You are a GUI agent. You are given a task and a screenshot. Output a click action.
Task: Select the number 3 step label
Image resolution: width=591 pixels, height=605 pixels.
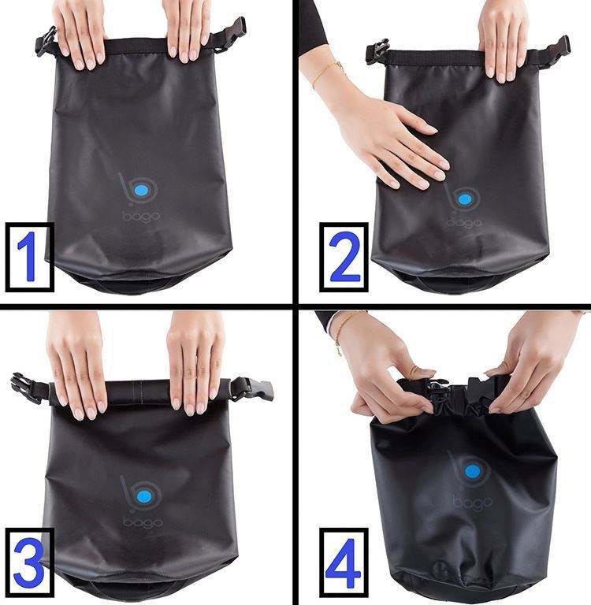(30, 562)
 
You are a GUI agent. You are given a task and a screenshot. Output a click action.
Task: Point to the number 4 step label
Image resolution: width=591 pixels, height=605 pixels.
(344, 562)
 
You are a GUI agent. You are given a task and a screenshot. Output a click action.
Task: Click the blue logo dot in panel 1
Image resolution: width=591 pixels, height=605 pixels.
(142, 190)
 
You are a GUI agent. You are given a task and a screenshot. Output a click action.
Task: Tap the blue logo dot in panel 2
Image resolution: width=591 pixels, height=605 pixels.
(464, 199)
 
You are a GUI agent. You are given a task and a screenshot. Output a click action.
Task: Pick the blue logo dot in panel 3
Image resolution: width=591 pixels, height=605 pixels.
(143, 496)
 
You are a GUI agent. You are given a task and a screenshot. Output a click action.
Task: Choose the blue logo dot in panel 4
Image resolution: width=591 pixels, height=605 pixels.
(472, 472)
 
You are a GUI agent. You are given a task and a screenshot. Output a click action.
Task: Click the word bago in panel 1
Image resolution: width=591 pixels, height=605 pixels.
(141, 217)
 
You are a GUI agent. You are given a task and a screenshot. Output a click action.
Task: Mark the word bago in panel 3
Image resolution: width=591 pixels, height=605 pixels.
(143, 523)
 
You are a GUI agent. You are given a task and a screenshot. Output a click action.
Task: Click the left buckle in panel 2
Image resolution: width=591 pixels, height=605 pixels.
(377, 52)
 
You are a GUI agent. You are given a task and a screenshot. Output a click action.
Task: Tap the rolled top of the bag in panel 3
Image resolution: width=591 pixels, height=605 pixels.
(141, 391)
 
